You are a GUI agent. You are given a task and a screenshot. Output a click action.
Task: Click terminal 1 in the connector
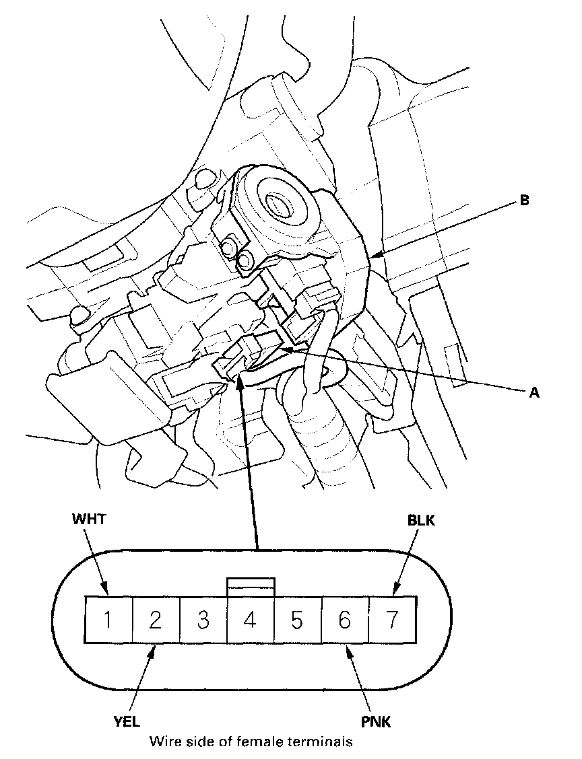pos(108,619)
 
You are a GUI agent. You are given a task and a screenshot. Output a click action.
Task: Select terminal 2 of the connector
pos(155,619)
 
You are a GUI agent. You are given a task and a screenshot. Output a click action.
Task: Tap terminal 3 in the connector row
pos(202,619)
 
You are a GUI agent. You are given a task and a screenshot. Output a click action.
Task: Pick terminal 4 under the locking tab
pos(250,619)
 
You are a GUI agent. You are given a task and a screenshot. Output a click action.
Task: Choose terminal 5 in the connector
pos(297,619)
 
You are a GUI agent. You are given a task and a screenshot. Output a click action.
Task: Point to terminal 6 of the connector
pos(344,619)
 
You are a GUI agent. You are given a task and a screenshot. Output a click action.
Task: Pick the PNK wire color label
pos(376,724)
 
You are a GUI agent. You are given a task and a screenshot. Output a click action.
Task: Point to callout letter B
pos(533,201)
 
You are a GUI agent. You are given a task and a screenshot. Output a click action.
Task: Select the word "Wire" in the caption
pos(164,742)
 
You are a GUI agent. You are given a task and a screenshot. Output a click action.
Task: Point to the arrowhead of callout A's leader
pos(286,349)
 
